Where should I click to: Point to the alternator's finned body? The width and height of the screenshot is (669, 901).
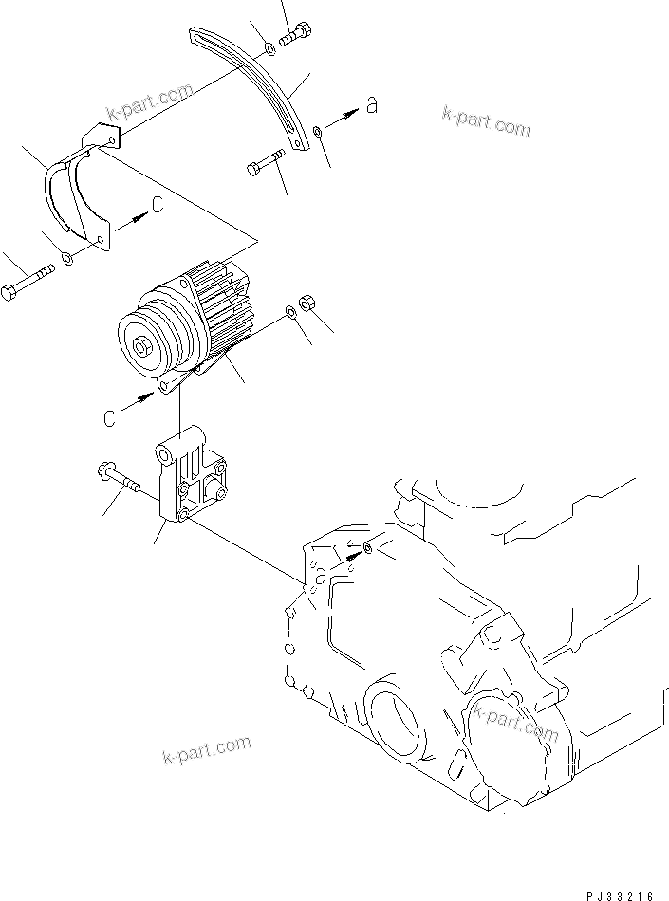point(218,303)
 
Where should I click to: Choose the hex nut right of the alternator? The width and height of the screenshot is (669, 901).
point(307,303)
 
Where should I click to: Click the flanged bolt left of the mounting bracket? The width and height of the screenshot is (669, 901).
point(118,478)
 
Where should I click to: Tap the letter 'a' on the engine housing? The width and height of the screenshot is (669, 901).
point(322,577)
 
